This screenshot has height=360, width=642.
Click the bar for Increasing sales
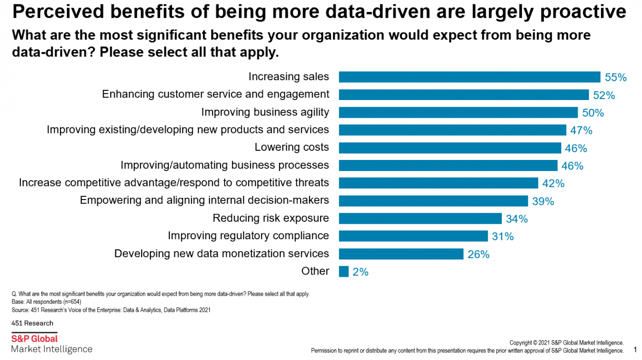click(469, 77)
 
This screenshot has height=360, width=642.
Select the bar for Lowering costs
click(450, 147)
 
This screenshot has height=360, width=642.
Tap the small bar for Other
click(344, 271)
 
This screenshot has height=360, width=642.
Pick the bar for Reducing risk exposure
click(420, 218)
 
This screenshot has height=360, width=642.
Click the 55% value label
click(615, 77)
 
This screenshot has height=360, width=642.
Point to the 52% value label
click(604, 95)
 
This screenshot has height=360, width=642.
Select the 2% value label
click(360, 272)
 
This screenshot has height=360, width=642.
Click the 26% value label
click(478, 254)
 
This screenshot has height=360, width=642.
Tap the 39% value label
click(543, 201)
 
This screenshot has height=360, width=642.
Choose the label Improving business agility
click(265, 112)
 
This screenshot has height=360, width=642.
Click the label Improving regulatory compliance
click(248, 236)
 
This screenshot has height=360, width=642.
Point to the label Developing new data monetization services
click(221, 254)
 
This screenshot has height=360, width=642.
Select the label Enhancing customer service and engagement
click(216, 94)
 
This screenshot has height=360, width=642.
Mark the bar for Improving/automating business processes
click(448, 165)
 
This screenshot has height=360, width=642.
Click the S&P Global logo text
click(34, 339)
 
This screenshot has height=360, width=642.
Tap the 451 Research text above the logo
click(32, 323)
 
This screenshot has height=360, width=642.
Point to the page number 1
click(635, 349)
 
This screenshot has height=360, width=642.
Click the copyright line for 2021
click(566, 343)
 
